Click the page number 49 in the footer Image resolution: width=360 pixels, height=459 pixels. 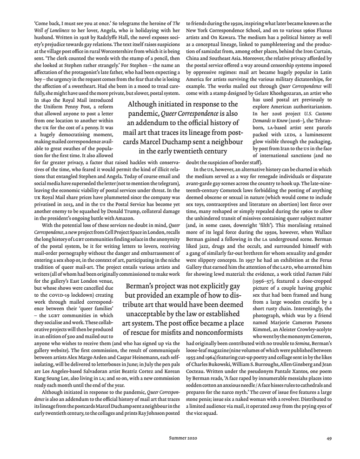tap(328, 438)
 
